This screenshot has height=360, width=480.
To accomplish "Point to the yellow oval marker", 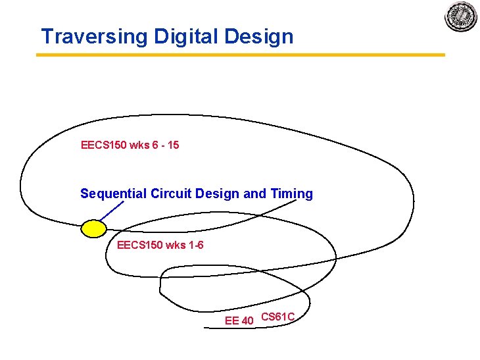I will click(93, 228).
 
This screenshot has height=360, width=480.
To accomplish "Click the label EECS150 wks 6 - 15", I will click(130, 144).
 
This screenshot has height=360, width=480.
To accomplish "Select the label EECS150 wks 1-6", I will click(160, 245).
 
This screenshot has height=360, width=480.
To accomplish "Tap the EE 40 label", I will click(239, 321).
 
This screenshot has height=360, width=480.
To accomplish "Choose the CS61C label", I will click(277, 317).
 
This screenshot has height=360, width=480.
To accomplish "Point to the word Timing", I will click(291, 193).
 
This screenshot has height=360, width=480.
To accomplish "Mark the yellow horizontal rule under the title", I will click(240, 55).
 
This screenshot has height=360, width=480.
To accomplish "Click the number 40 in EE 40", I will click(247, 321).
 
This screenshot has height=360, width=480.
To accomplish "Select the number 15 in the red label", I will click(173, 144).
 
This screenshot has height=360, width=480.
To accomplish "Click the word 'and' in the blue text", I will click(254, 193).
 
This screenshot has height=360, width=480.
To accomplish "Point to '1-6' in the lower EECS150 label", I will click(195, 245).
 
